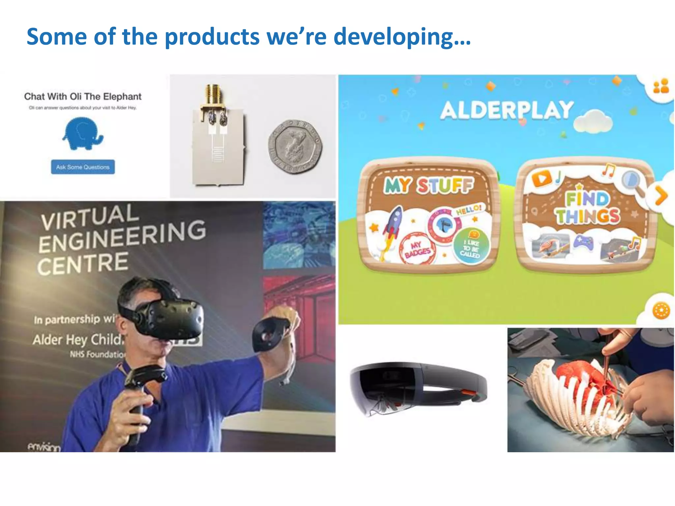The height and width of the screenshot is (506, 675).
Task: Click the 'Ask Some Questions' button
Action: point(83,167)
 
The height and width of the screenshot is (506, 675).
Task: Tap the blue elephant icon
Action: point(82,134)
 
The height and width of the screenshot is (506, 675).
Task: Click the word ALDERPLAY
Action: point(507,110)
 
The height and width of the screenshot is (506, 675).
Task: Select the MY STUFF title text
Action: point(429,185)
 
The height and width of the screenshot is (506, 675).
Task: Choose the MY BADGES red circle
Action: point(417,250)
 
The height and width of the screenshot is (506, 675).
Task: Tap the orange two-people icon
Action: point(661,86)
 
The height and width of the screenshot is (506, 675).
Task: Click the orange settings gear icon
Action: point(661,310)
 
